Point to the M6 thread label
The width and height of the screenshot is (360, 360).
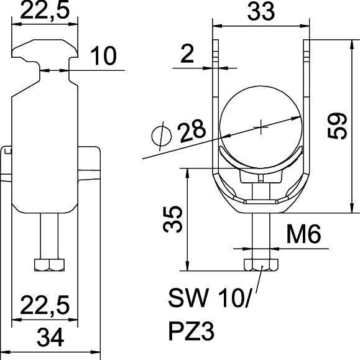pyautogui.click(x=303, y=236)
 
